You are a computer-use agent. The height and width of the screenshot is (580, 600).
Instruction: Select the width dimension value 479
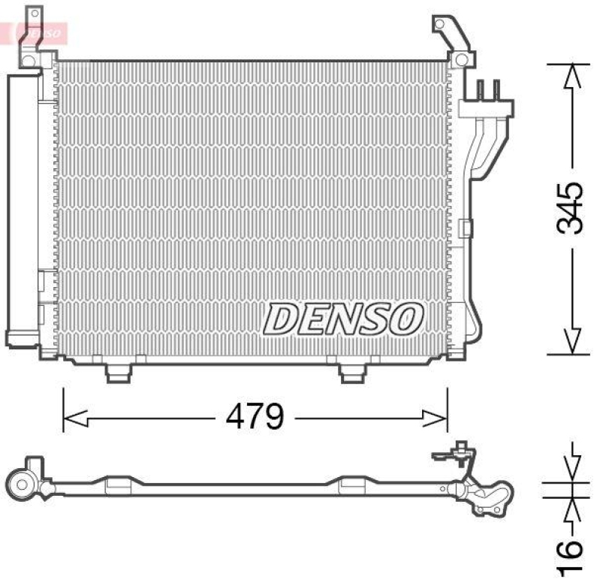pos(256,415)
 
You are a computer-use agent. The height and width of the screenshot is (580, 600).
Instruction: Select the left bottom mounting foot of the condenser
pos(118,372)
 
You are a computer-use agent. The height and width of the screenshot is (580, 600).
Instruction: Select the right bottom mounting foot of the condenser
pos(351,372)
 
